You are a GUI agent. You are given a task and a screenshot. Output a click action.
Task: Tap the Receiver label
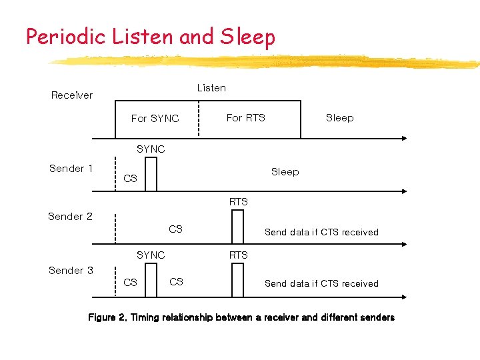(x=72, y=95)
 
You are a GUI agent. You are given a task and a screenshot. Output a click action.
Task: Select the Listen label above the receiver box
(x=211, y=88)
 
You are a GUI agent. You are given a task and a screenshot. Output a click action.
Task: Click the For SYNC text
(x=155, y=119)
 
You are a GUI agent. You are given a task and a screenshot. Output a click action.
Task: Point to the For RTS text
(x=245, y=118)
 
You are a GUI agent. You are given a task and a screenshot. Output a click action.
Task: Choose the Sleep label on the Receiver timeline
(x=339, y=118)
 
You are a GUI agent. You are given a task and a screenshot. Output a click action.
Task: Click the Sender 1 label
(x=71, y=169)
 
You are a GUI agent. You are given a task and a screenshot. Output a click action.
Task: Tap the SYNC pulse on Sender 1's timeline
(x=151, y=175)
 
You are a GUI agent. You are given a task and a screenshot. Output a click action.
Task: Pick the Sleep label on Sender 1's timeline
(x=285, y=172)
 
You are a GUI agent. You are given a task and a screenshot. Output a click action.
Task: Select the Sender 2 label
(x=70, y=217)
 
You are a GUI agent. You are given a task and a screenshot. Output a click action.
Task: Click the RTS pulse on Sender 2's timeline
(x=238, y=227)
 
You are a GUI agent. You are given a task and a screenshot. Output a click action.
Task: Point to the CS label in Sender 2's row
(x=175, y=229)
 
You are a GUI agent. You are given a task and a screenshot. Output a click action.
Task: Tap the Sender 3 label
(x=71, y=271)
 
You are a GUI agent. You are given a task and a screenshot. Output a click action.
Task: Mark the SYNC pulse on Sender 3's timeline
(x=151, y=279)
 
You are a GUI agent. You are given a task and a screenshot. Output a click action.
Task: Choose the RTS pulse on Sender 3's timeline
(x=238, y=279)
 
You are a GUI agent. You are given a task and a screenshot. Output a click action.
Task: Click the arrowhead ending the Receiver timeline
(x=403, y=139)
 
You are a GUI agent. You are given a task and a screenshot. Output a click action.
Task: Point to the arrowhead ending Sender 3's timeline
(x=403, y=297)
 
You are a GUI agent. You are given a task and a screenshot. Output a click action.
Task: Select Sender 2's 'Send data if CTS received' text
(x=321, y=233)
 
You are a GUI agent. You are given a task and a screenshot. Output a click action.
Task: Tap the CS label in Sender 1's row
(x=131, y=179)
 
